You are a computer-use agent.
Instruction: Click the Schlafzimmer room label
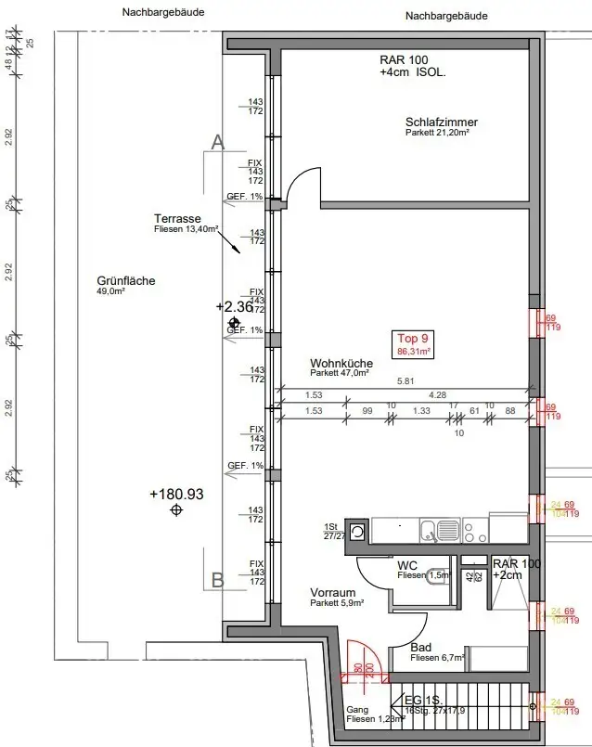tap(441, 122)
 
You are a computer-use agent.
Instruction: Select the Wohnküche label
tap(341, 365)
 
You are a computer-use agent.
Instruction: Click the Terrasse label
tap(178, 219)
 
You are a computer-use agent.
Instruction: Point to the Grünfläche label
tap(125, 281)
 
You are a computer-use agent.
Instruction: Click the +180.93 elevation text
tap(176, 495)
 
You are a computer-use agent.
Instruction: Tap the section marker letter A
tap(218, 142)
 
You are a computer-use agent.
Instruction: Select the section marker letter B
tap(218, 581)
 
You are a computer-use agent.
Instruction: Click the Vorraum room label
tap(332, 592)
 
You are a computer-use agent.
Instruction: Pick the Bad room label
tap(420, 649)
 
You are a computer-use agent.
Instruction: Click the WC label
tap(407, 565)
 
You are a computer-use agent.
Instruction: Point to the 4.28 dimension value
tap(437, 393)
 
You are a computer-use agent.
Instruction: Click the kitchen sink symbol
tap(430, 531)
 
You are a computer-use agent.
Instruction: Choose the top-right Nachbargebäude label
tap(446, 16)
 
